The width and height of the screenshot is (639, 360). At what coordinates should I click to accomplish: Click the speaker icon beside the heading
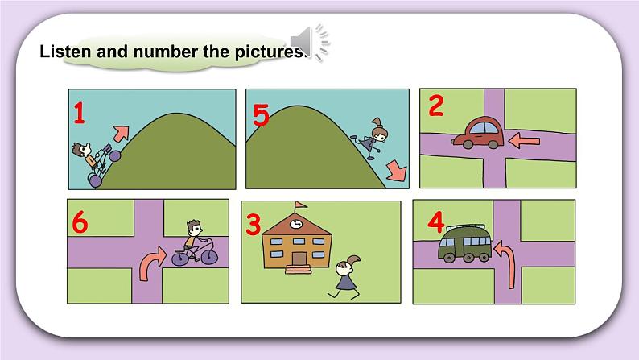pyautogui.click(x=310, y=42)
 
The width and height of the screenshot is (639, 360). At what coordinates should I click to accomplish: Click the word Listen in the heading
pyautogui.click(x=65, y=52)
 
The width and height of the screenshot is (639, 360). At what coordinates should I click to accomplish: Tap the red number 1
pyautogui.click(x=79, y=113)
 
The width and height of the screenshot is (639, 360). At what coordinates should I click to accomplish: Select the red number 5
pyautogui.click(x=261, y=114)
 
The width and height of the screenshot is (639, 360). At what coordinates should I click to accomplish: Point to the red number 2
pyautogui.click(x=436, y=106)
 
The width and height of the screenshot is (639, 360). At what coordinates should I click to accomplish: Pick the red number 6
pyautogui.click(x=80, y=222)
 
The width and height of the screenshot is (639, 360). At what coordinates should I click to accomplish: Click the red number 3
pyautogui.click(x=253, y=225)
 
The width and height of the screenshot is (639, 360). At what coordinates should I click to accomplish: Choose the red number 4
pyautogui.click(x=436, y=222)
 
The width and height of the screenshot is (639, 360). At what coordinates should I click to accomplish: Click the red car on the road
pyautogui.click(x=477, y=134)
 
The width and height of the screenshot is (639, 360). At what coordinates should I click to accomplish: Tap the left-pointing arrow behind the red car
pyautogui.click(x=525, y=141)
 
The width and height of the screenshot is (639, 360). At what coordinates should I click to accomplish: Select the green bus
pyautogui.click(x=465, y=243)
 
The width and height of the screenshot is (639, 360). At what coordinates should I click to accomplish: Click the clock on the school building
pyautogui.click(x=296, y=224)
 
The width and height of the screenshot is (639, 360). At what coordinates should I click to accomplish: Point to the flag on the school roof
pyautogui.click(x=301, y=205)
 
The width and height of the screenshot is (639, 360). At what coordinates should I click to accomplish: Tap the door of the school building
pyautogui.click(x=299, y=259)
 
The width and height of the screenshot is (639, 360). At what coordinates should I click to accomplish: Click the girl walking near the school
pyautogui.click(x=346, y=277)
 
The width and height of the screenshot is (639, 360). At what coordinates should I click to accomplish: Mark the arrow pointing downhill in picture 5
pyautogui.click(x=396, y=171)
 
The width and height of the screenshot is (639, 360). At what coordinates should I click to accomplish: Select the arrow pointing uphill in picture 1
pyautogui.click(x=121, y=134)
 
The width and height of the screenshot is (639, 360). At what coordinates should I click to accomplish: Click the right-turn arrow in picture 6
pyautogui.click(x=151, y=263)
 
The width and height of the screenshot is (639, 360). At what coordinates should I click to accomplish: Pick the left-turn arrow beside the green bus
pyautogui.click(x=506, y=263)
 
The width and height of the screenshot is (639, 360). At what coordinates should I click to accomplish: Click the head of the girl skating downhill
pyautogui.click(x=380, y=131)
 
